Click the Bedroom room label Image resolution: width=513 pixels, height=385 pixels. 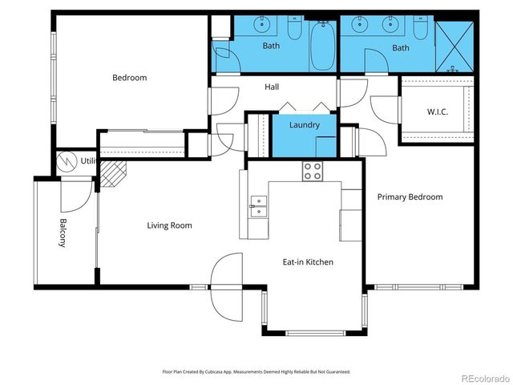129,78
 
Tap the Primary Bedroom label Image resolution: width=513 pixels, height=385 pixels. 410,197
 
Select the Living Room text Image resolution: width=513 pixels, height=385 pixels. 169,225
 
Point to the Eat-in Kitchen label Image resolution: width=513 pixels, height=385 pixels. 308,262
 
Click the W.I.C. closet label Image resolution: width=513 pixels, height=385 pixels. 437,111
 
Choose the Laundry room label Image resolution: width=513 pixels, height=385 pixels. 305,125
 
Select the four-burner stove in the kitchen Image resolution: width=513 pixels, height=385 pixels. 312,171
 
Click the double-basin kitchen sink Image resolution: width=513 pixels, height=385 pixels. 257,206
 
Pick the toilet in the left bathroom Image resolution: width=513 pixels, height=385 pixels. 294,30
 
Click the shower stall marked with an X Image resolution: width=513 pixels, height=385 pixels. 456,45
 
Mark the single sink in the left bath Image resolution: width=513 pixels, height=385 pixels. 262,26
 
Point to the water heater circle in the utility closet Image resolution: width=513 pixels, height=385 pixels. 67,160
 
